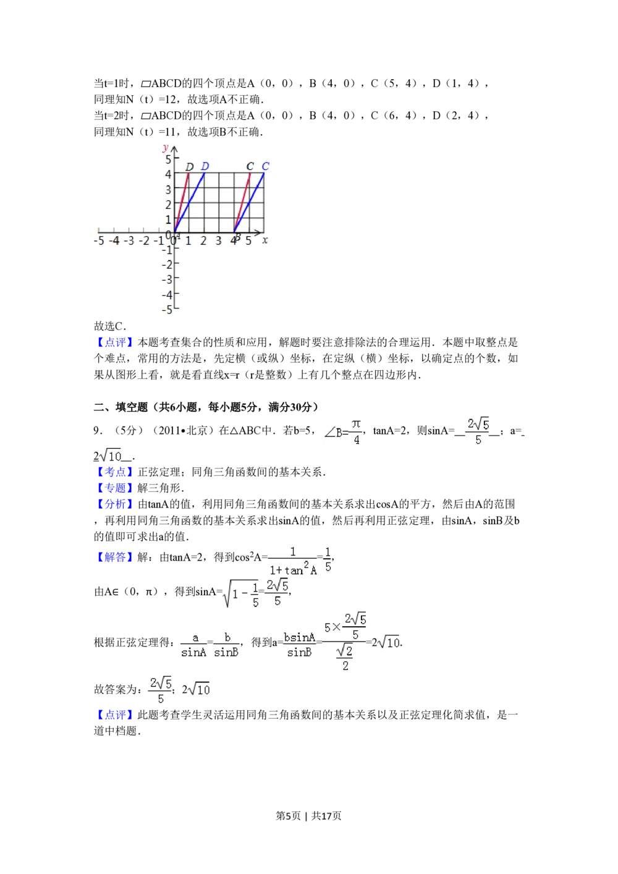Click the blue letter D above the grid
click(205, 166)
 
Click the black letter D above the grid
click(190, 167)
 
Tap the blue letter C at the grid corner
click(265, 166)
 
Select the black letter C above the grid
click(250, 166)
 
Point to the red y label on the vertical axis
click(165, 147)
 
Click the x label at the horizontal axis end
click(265, 240)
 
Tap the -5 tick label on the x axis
click(99, 240)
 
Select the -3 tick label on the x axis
click(129, 240)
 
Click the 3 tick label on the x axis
click(218, 240)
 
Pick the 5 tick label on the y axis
click(167, 159)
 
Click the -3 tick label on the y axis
click(167, 279)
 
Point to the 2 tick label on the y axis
click(167, 205)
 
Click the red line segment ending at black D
click(182, 203)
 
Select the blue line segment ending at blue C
click(249, 203)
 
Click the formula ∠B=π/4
click(344, 432)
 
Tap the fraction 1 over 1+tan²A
click(294, 561)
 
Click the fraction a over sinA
click(193, 645)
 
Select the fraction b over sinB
click(227, 645)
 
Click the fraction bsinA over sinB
click(299, 645)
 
